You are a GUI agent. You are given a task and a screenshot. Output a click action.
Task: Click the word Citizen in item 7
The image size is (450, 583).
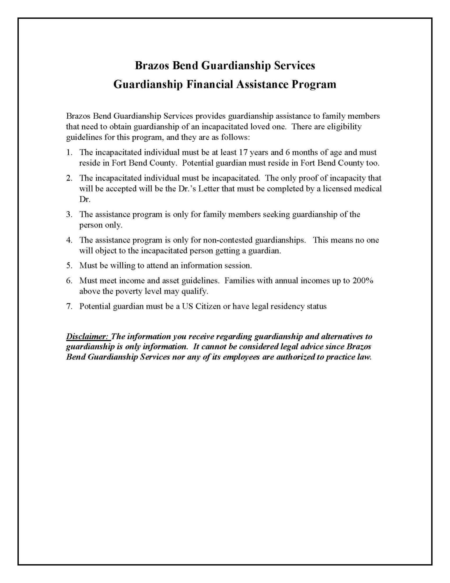click(x=208, y=306)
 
